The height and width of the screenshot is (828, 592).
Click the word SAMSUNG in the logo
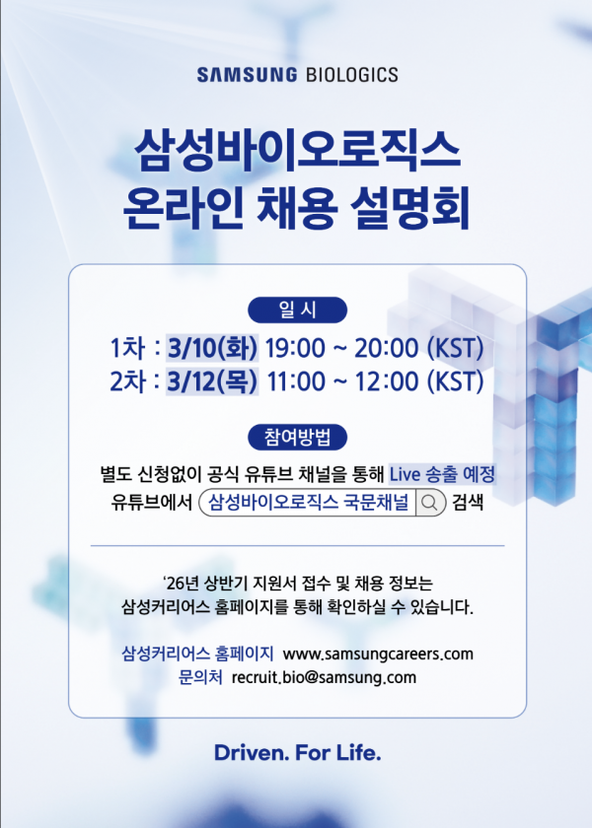247,75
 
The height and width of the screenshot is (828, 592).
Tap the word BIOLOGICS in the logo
352,75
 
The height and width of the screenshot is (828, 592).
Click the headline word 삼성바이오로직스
297,151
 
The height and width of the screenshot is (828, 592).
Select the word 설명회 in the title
409,208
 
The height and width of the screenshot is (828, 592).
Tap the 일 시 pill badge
297,310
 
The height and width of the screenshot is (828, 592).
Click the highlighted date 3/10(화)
212,348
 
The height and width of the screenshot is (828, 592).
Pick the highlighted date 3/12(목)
212,380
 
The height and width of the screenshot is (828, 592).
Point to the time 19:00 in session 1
295,348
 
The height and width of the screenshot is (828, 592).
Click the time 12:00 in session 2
387,380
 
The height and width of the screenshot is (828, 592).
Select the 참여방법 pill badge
297,438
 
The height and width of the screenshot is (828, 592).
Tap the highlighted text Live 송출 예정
442,474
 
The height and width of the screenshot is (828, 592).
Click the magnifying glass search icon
429,502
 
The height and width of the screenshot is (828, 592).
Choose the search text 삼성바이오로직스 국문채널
309,502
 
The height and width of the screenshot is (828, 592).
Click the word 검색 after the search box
468,502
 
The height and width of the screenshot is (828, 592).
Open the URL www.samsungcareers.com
378,654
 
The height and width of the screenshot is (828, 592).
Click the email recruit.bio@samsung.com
324,677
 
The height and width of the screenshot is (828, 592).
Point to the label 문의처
200,676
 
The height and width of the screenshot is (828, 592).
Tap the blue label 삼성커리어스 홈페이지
197,654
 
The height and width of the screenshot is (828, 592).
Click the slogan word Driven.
252,752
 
